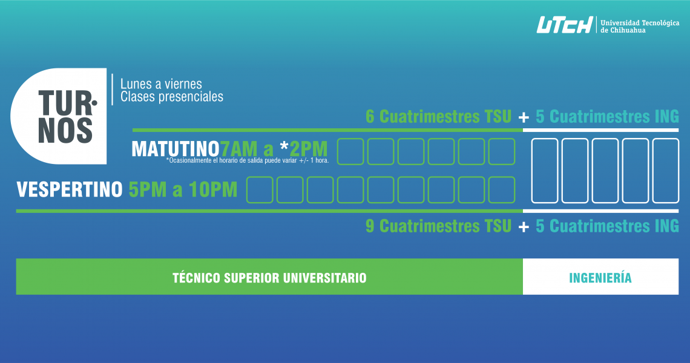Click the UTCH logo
point(565,25)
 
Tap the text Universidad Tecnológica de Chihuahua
point(640,27)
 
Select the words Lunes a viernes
point(161,84)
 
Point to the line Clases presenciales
point(172,97)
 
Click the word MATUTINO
point(176,149)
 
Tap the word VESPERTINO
point(70,189)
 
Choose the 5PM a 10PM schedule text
point(183,189)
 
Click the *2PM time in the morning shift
point(304,149)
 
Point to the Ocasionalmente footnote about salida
point(248,160)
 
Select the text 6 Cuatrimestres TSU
point(439,117)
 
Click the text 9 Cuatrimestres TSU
point(439,226)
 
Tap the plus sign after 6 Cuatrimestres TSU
point(524,117)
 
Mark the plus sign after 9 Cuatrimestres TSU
point(524,227)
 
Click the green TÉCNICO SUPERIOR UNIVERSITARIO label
point(269,278)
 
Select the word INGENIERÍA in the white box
point(600,278)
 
